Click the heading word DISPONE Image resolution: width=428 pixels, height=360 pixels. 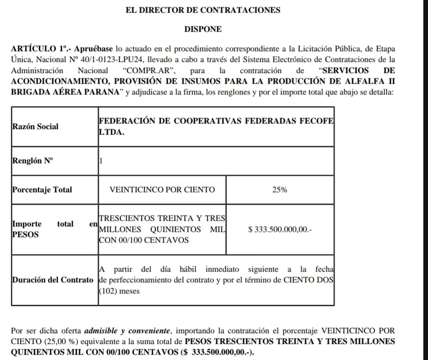(x=203, y=29)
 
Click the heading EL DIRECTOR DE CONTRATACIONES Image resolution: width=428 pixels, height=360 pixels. (x=203, y=10)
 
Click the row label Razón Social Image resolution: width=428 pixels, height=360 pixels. (x=35, y=126)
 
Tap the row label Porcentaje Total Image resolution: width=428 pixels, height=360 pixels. (x=41, y=190)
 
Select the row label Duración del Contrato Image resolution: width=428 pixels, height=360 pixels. (x=52, y=279)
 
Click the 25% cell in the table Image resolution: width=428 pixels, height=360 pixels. (x=280, y=190)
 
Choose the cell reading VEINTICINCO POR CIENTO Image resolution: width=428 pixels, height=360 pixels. (x=162, y=190)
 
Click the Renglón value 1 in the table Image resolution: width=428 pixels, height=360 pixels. (x=101, y=161)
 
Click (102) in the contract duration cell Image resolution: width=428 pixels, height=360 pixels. (x=109, y=290)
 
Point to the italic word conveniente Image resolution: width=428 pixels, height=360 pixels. (x=150, y=331)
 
